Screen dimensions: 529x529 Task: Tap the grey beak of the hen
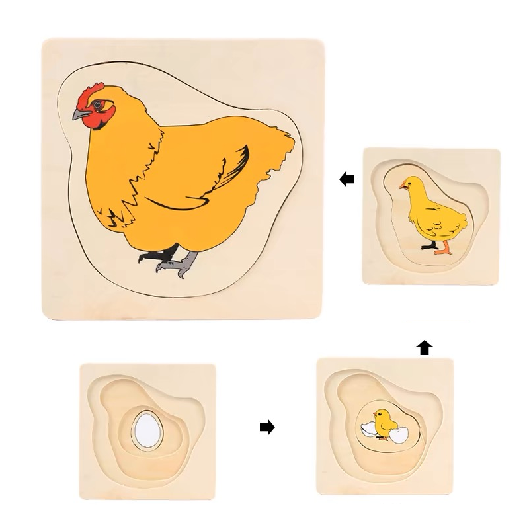tap(80, 116)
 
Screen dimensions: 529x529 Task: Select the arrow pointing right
tap(266, 428)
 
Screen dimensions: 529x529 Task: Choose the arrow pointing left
tap(346, 179)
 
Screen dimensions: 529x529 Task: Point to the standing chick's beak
tap(401, 188)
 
